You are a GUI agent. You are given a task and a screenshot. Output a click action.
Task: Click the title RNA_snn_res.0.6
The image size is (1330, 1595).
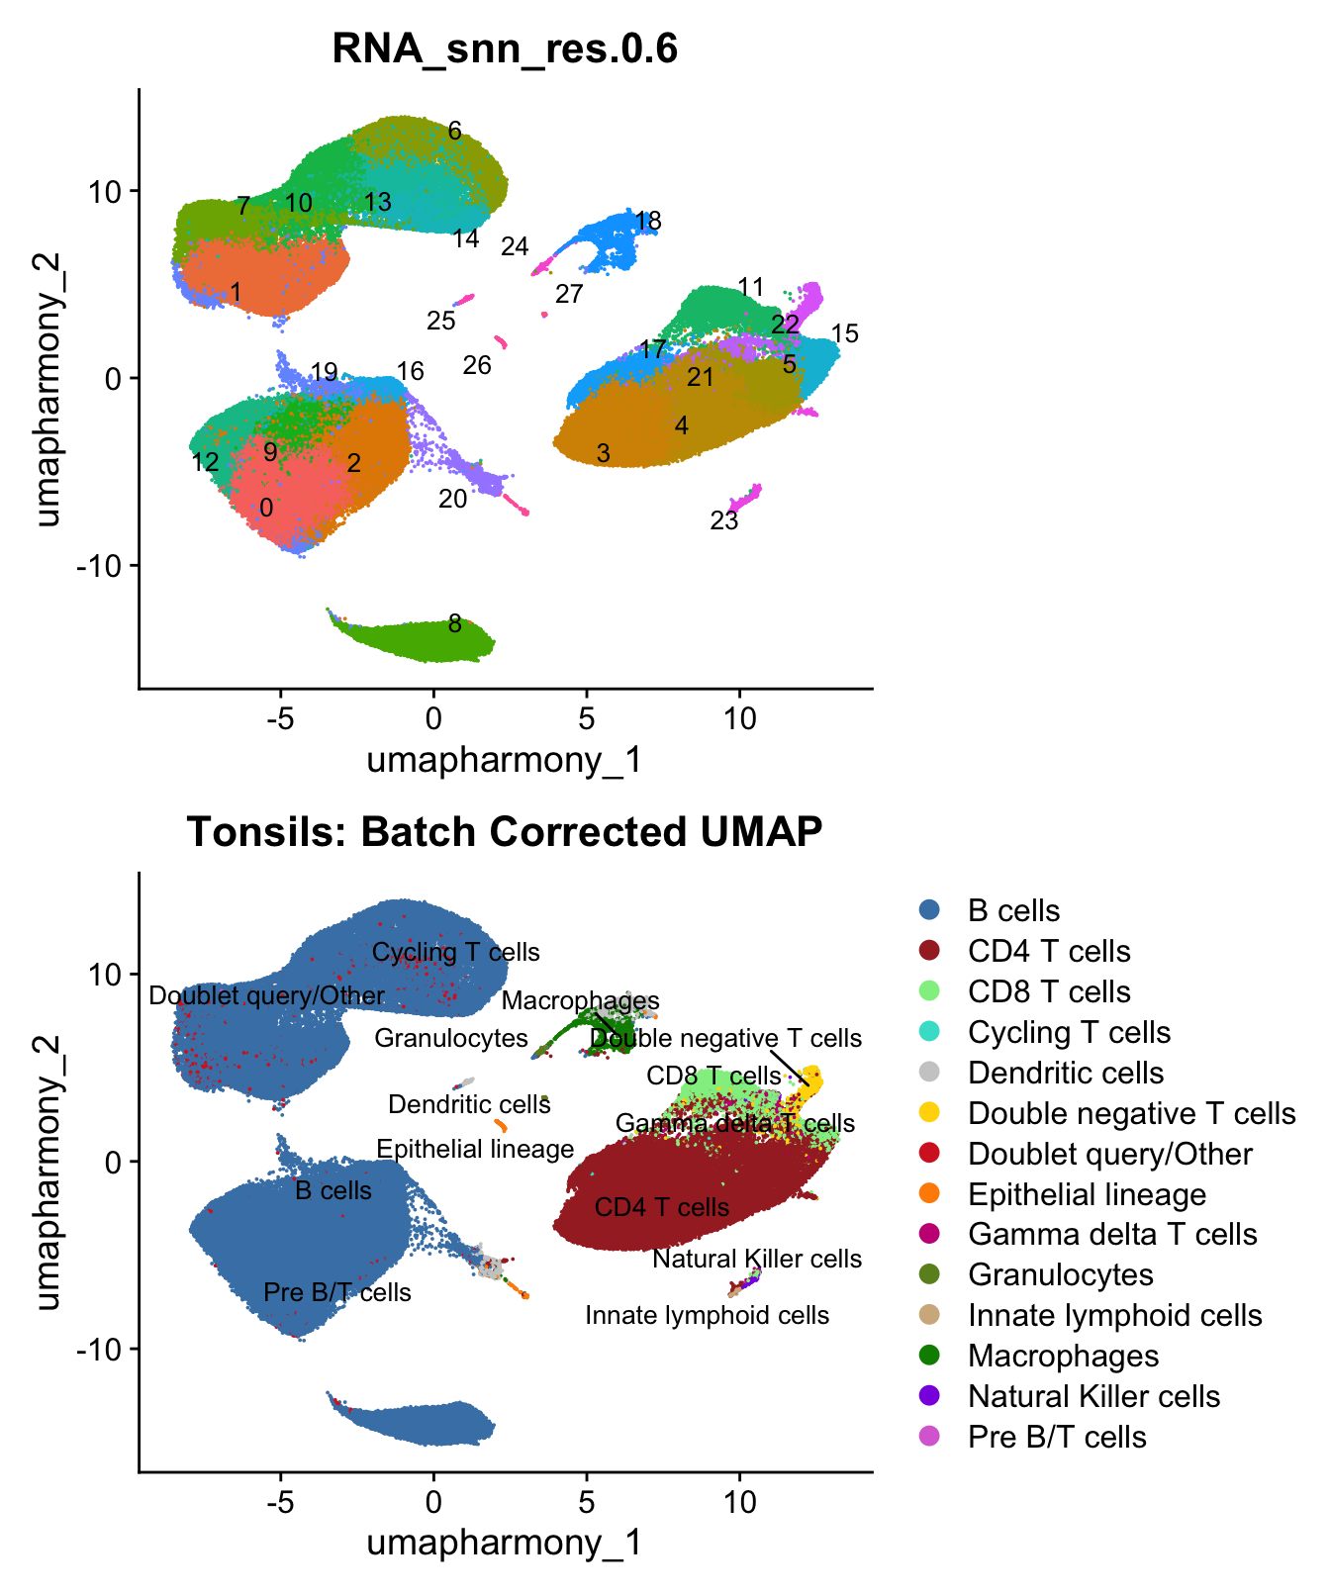(x=505, y=47)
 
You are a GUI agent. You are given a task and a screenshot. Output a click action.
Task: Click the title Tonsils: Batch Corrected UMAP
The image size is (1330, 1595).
(x=505, y=831)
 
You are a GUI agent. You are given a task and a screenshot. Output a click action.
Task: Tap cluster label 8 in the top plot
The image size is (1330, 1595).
(x=454, y=623)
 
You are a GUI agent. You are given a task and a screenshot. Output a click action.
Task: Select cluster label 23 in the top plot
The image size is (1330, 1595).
(x=723, y=520)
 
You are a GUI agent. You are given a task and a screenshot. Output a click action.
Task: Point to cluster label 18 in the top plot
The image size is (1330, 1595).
(x=647, y=221)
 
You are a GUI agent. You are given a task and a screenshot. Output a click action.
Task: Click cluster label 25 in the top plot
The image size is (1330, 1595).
(x=441, y=321)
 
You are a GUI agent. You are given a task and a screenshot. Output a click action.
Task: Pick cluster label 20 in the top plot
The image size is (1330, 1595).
(x=452, y=499)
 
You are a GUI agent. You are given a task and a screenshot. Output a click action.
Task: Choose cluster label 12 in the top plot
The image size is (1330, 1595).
(x=205, y=462)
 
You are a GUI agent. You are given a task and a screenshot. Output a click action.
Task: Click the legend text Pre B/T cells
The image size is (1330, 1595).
(x=1057, y=1437)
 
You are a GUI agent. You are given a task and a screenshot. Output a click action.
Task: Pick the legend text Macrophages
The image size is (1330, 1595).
(x=1063, y=1356)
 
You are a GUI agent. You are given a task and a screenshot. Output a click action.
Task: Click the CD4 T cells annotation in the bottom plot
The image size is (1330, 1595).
(x=661, y=1207)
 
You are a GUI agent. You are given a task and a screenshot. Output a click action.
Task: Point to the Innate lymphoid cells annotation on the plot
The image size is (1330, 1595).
(x=707, y=1315)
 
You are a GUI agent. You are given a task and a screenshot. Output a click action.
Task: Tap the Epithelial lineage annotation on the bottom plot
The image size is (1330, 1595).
(x=475, y=1149)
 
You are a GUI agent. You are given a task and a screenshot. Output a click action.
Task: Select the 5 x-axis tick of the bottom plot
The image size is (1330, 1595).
(x=586, y=1502)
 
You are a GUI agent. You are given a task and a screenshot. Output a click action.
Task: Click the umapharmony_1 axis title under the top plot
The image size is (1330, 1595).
(x=505, y=760)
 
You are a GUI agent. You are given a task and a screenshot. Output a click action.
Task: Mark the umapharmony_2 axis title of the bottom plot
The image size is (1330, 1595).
(x=47, y=1173)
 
